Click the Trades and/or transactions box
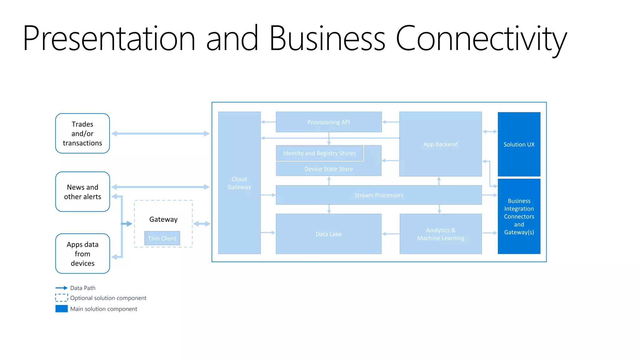[x=82, y=133]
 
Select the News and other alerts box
[x=82, y=192]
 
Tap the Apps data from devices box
[x=82, y=254]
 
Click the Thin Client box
[x=162, y=238]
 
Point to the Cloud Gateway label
[x=239, y=183]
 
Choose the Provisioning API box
[x=329, y=122]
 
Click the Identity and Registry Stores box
[x=319, y=153]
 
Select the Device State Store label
[x=329, y=169]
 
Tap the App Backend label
[x=440, y=144]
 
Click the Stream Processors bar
[x=379, y=195]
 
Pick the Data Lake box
[x=329, y=234]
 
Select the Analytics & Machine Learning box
[x=441, y=234]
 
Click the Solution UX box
[x=519, y=144]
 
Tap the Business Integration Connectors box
[x=519, y=217]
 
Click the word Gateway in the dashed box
[x=163, y=219]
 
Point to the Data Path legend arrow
[x=62, y=288]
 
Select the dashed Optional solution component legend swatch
[x=62, y=297]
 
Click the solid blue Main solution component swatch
[x=62, y=309]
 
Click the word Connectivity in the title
[x=481, y=39]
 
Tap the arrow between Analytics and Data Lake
[x=391, y=234]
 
